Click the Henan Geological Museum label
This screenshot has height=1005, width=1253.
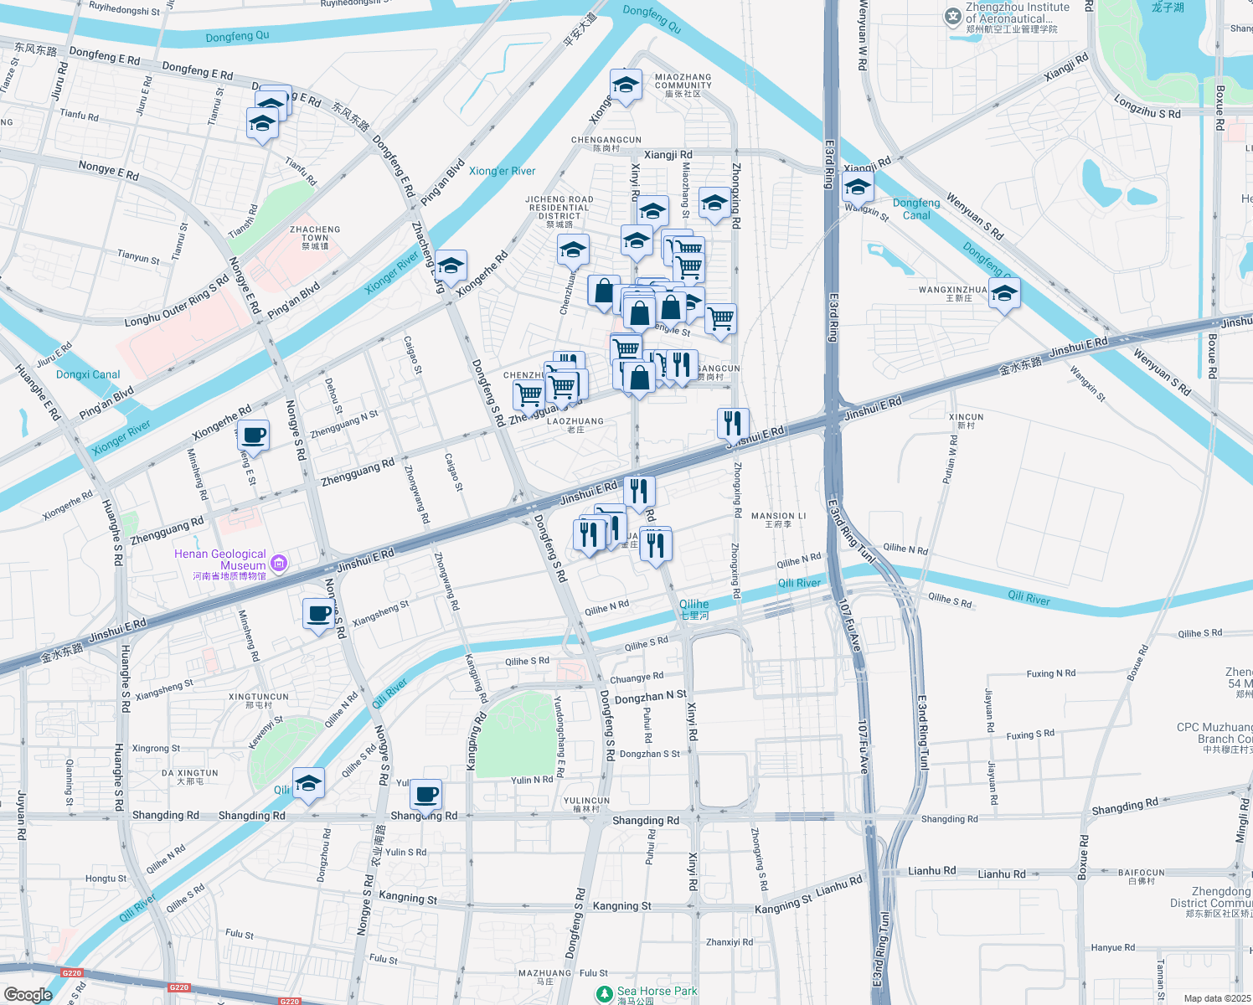(220, 560)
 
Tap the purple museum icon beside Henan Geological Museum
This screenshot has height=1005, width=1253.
(279, 563)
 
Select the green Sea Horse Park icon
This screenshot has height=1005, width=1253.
(604, 993)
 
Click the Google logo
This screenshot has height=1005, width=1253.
(28, 994)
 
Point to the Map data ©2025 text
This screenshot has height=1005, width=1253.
(1216, 998)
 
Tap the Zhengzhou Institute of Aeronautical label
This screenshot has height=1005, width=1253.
(1016, 13)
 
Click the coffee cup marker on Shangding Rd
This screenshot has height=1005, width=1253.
(425, 794)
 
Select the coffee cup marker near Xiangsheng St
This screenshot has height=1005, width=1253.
(319, 614)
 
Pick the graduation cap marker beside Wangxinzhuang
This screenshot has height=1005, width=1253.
(1003, 294)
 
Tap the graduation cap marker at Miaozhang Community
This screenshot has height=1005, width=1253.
(626, 85)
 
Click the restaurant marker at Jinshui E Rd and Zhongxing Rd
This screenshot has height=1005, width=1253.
(733, 424)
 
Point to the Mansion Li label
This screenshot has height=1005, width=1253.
(778, 520)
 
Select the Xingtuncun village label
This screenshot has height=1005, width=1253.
(259, 700)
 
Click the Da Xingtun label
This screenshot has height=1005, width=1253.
(190, 777)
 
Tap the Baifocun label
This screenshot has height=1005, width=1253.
(1141, 876)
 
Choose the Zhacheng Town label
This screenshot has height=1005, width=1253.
(315, 237)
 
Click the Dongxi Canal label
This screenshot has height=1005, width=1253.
(88, 374)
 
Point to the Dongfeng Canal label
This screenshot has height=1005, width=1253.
(916, 209)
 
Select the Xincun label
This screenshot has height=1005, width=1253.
(966, 420)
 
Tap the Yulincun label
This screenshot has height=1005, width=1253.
(586, 804)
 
